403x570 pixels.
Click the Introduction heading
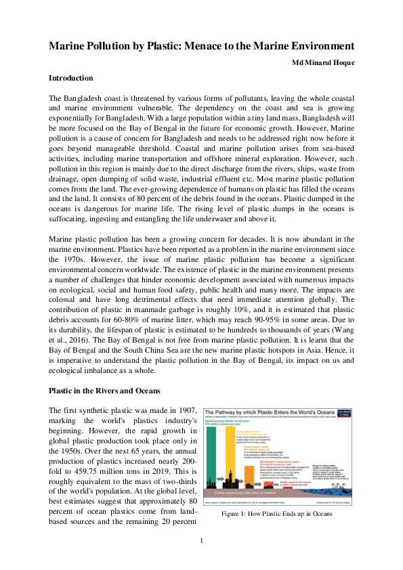click(71, 79)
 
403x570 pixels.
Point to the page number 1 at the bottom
click(201, 559)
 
